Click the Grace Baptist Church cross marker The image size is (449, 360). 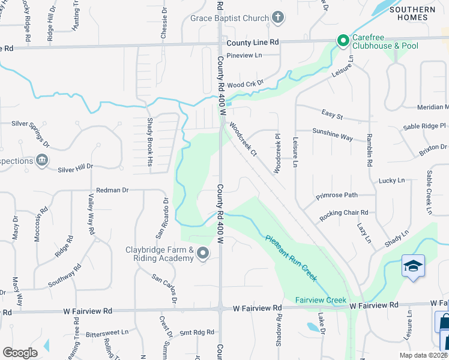pos(277,17)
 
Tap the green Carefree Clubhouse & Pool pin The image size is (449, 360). pos(343,41)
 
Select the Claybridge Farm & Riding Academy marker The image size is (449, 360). pos(202,254)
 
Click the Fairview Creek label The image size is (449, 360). pos(321,299)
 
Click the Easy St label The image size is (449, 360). pos(332,115)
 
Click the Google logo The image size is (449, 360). pos(20,353)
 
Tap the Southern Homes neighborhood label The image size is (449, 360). pos(412,13)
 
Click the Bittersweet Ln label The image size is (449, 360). pos(107,332)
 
